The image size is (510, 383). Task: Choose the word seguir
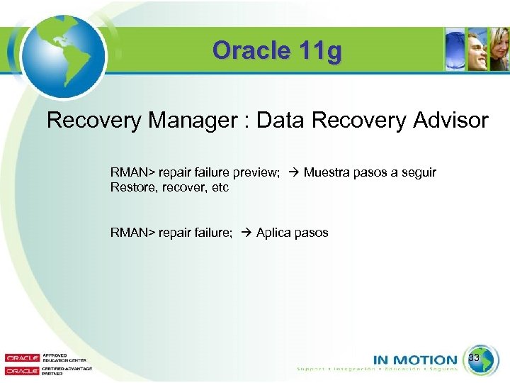pos(419,173)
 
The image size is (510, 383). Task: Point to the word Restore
pos(130,188)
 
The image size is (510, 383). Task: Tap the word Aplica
pos(273,233)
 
